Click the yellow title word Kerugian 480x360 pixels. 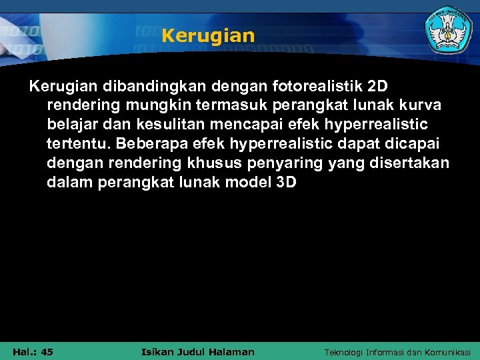click(208, 35)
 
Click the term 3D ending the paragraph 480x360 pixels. click(285, 183)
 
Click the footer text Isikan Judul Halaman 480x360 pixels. click(199, 351)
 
